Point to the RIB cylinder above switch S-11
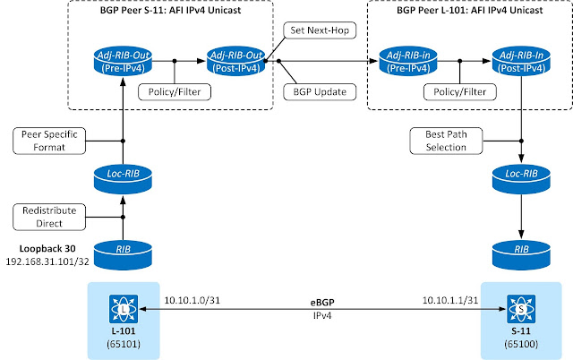tap(519, 253)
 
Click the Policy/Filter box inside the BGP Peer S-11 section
tap(170, 90)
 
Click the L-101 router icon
tap(122, 310)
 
